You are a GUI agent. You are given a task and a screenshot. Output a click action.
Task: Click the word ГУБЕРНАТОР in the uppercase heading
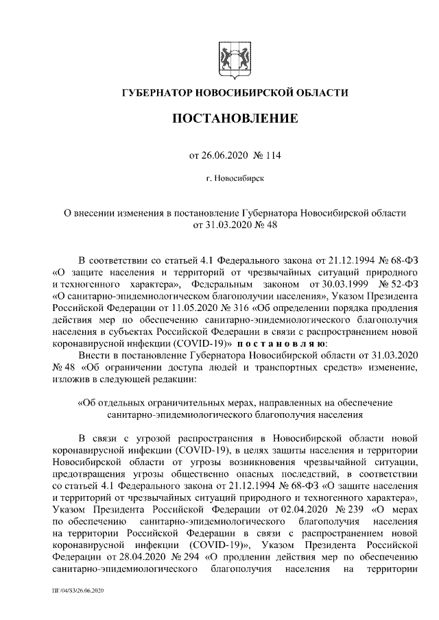[156, 92]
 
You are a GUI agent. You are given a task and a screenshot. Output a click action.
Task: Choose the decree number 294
[177, 557]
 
